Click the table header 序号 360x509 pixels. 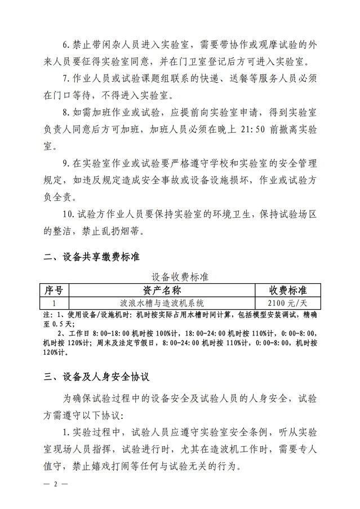coord(54,291)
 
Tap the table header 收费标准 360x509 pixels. coord(287,291)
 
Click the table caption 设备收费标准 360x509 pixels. coord(180,278)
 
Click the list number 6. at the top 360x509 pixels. coord(66,44)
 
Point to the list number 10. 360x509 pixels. coord(68,215)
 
